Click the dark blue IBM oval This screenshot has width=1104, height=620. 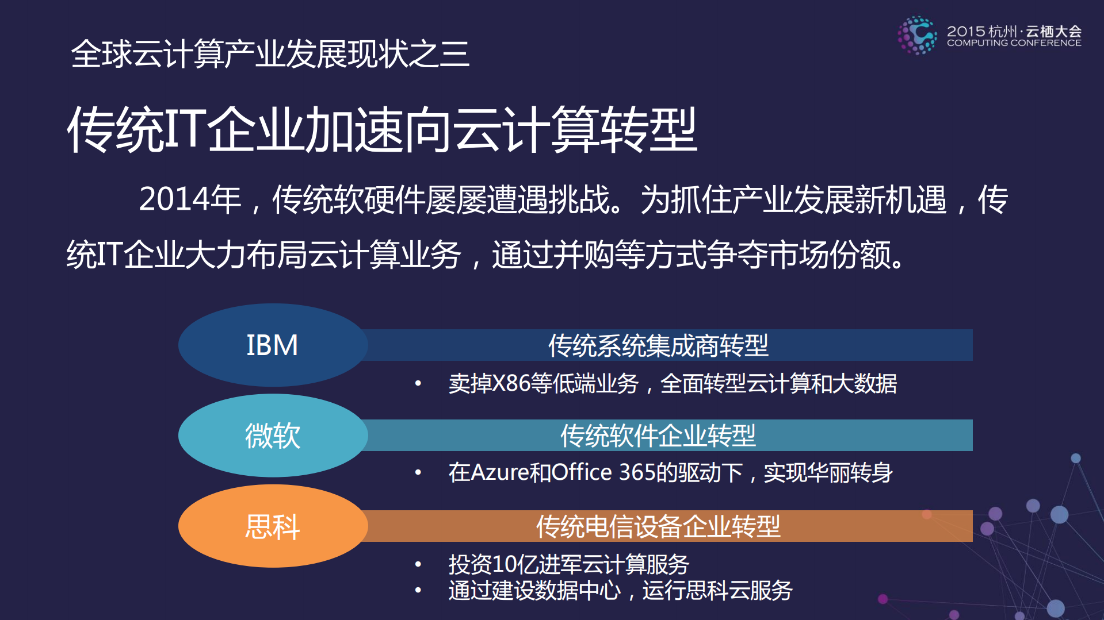coord(273,345)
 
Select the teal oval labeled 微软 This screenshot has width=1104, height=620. coord(273,436)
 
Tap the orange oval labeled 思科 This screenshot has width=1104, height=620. coord(273,526)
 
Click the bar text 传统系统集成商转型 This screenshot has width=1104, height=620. coord(658,345)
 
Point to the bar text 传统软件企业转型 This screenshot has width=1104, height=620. coord(658,436)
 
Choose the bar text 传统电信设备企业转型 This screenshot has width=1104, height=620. coord(658,526)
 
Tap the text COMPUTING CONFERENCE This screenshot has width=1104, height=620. coord(1014,43)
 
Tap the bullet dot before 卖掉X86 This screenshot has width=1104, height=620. coord(418,383)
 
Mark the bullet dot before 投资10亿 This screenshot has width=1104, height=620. coord(418,564)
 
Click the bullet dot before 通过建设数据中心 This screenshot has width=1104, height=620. coord(418,590)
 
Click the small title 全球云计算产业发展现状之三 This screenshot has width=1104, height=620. coord(270,54)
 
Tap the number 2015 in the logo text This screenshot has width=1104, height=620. coord(966,31)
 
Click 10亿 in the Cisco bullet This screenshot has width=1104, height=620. coord(515,564)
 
